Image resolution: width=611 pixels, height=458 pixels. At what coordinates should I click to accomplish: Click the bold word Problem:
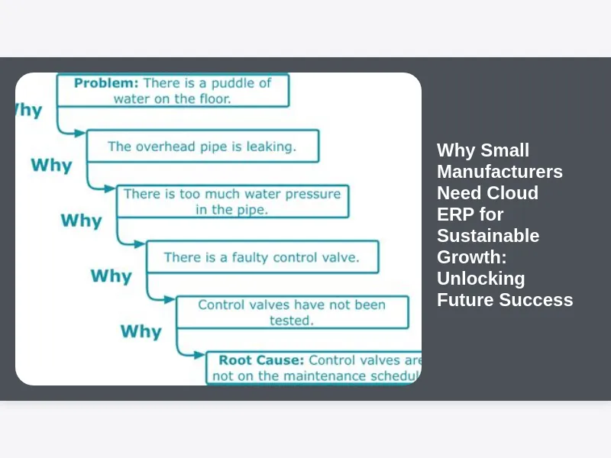point(106,82)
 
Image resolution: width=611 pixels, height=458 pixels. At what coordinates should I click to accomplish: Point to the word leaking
point(270,146)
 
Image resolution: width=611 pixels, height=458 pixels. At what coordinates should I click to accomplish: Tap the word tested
point(291,321)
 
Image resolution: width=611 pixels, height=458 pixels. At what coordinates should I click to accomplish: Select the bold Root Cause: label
point(261,360)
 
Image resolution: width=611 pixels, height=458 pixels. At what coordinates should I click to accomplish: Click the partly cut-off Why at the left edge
point(28,110)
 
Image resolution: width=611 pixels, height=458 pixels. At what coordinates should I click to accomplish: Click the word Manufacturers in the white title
point(499,172)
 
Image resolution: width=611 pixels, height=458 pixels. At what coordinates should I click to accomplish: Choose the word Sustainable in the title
point(488,236)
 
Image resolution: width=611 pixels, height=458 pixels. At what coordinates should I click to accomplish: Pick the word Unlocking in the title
point(480,279)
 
